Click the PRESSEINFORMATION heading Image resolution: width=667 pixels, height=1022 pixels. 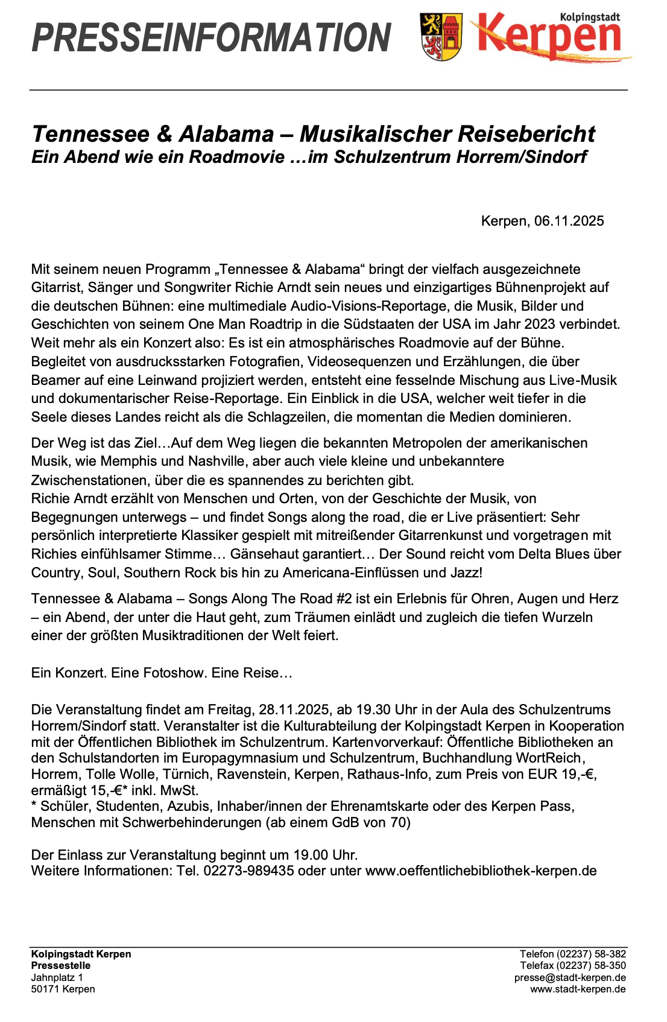[x=211, y=37]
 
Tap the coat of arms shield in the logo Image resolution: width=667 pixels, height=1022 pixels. [x=441, y=37]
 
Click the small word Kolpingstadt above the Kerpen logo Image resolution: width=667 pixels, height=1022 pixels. [x=590, y=17]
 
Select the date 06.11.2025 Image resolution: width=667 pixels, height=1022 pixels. [x=569, y=221]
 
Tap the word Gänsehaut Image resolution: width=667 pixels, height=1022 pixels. [x=262, y=554]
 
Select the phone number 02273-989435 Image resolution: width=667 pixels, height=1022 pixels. [x=248, y=871]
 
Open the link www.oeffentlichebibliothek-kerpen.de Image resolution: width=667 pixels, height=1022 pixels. [x=481, y=871]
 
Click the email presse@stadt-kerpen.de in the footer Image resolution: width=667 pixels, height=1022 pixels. [x=570, y=977]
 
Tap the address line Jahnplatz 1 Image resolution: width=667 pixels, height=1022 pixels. [x=57, y=977]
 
